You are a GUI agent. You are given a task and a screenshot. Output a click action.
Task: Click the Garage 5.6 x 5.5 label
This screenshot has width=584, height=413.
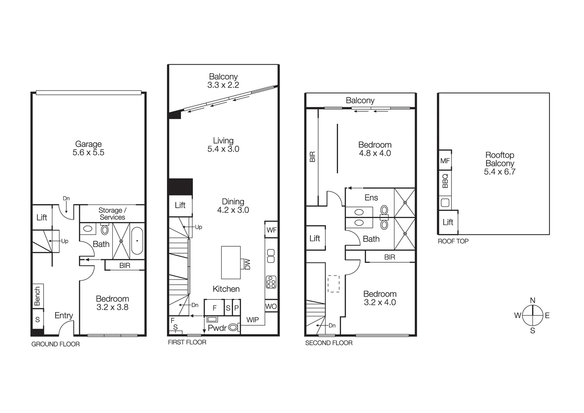(x=88, y=148)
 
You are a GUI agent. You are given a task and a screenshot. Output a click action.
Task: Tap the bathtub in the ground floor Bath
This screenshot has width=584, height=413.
(x=137, y=241)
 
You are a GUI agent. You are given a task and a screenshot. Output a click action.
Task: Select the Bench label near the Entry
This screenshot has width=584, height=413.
(x=37, y=296)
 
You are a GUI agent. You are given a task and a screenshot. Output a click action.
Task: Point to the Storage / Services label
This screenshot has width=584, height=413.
(x=112, y=214)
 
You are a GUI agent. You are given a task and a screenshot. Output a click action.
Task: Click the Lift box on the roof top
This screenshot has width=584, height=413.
(x=448, y=222)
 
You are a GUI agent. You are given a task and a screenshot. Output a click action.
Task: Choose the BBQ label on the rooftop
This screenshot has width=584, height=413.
(x=445, y=181)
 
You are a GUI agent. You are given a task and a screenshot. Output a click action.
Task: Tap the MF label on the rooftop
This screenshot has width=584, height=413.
(x=445, y=161)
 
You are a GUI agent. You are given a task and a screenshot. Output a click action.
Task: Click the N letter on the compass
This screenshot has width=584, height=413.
(x=532, y=301)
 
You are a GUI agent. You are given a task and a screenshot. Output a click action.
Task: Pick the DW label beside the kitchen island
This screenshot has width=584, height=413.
(x=247, y=264)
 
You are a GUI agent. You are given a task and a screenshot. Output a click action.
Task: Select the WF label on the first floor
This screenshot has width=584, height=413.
(x=272, y=230)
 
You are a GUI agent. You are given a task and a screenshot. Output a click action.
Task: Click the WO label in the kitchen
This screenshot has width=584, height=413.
(x=271, y=306)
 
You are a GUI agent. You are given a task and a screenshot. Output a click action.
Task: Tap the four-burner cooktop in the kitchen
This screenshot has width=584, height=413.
(x=271, y=282)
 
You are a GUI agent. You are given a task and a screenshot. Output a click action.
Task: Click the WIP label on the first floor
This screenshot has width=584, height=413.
(x=252, y=320)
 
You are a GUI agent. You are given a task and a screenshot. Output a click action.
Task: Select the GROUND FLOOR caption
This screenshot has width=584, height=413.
(x=55, y=344)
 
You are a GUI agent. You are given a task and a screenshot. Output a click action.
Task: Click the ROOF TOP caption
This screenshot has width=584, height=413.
(x=453, y=241)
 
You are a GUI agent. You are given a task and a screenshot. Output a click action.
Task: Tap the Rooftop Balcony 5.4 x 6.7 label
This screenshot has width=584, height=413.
(x=500, y=163)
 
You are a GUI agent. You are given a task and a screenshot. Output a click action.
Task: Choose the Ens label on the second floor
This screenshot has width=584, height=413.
(x=371, y=198)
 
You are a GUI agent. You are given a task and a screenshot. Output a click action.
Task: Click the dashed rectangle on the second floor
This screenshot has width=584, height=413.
(x=333, y=284)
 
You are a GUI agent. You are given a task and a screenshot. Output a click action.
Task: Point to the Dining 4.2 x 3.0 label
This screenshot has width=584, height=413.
(x=233, y=206)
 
